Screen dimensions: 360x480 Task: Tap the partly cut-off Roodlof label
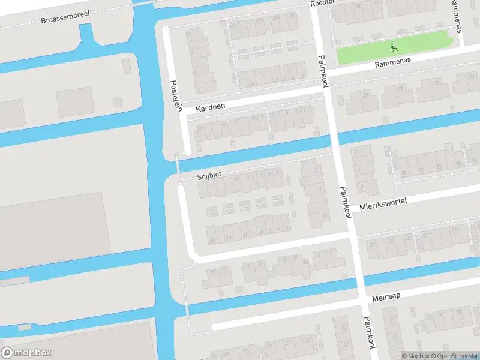coord(322,3)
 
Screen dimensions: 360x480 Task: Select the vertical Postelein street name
coord(174,94)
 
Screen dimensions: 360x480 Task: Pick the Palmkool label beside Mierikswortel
coord(345,202)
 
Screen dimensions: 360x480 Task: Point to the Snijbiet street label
coord(209,177)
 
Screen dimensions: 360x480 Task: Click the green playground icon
coord(394,46)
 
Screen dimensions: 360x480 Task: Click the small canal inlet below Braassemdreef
coord(88,38)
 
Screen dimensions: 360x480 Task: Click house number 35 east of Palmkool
coord(365,95)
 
